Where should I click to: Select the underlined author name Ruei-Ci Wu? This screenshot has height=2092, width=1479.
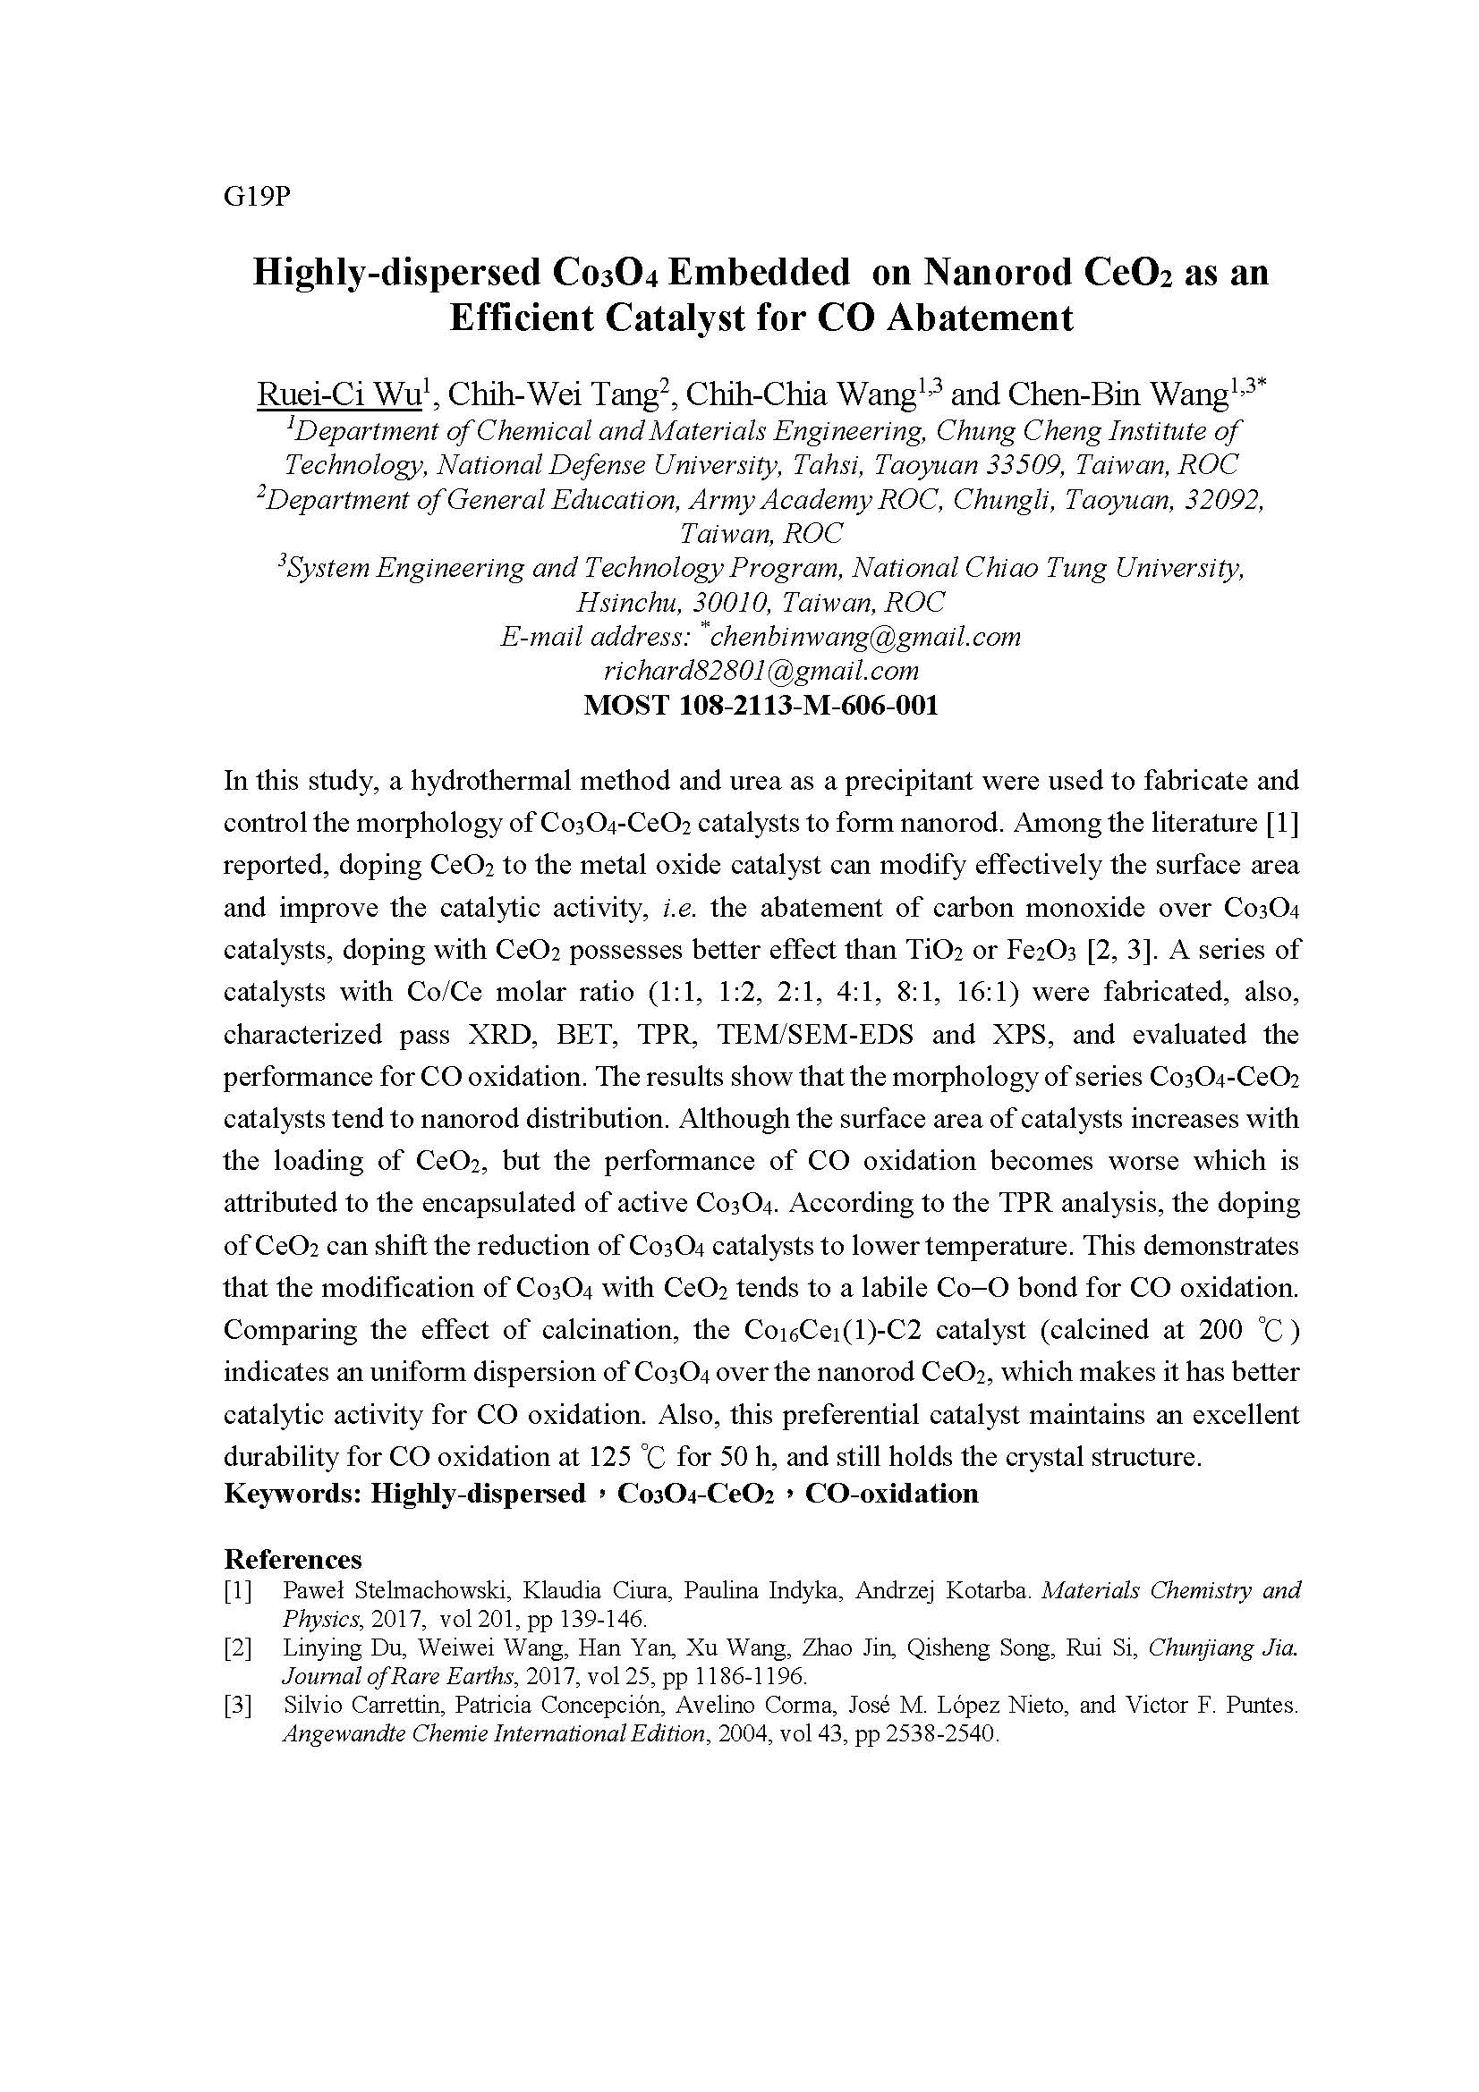[x=339, y=395]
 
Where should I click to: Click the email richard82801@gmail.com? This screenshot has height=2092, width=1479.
[x=761, y=671]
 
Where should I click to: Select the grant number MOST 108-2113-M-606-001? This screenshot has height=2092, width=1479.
[x=761, y=705]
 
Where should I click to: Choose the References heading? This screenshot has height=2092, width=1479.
[x=293, y=1559]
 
